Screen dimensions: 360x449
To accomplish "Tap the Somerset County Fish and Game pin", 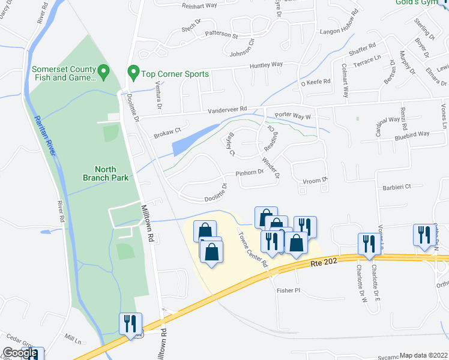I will pyautogui.click(x=103, y=73).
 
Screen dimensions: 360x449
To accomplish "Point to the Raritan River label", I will pyautogui.click(x=46, y=136).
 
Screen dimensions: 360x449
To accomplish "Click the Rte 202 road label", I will pyautogui.click(x=321, y=262).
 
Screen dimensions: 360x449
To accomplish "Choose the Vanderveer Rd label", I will pyautogui.click(x=228, y=109).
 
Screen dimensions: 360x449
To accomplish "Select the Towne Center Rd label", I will pyautogui.click(x=252, y=246).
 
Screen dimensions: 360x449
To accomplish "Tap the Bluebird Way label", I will pyautogui.click(x=412, y=134).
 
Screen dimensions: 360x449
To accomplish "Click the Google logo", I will pyautogui.click(x=20, y=353).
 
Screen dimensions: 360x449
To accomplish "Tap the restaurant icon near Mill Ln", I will pyautogui.click(x=130, y=324).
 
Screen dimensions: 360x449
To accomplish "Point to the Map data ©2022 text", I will pyautogui.click(x=423, y=355).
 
